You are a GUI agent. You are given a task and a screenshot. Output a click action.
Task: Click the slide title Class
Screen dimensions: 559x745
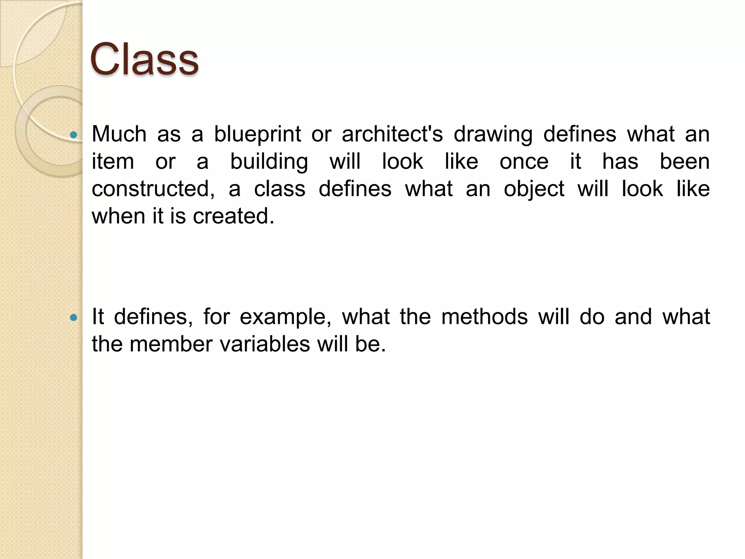click(x=144, y=59)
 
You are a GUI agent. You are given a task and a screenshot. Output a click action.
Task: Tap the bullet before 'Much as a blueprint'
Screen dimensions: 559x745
click(x=74, y=135)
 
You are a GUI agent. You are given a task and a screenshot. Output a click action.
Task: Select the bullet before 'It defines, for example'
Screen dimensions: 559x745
click(x=74, y=317)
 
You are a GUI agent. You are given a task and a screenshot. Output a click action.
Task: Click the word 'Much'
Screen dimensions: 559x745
click(x=119, y=134)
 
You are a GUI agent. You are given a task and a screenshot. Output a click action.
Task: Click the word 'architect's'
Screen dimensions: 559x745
click(x=392, y=134)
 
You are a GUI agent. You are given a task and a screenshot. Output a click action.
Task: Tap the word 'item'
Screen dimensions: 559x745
click(x=113, y=161)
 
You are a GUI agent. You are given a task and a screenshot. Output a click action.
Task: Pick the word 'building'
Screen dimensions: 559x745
click(x=269, y=162)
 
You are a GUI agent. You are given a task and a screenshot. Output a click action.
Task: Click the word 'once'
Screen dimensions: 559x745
click(x=524, y=162)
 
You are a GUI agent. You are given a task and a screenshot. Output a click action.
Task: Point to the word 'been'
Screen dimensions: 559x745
click(x=685, y=161)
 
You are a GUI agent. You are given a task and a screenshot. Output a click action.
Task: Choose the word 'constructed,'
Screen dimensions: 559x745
click(x=153, y=189)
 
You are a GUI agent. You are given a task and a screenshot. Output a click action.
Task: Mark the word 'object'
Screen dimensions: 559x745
click(x=534, y=189)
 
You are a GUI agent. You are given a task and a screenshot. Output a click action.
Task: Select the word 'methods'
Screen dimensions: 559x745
click(x=484, y=317)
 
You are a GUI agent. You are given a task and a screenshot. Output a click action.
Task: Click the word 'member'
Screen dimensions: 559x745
click(x=171, y=344)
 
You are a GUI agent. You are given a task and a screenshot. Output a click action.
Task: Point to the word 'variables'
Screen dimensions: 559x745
click(x=265, y=344)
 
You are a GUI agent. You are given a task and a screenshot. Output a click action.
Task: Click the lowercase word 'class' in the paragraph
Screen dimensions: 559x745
click(x=279, y=189)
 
